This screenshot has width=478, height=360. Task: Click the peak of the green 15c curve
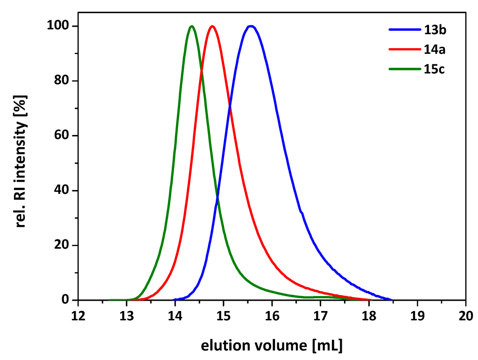click(x=191, y=26)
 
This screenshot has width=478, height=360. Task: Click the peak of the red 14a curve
click(x=212, y=26)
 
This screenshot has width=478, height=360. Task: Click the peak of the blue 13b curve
click(x=251, y=26)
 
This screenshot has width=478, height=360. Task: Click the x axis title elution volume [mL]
click(x=272, y=346)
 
